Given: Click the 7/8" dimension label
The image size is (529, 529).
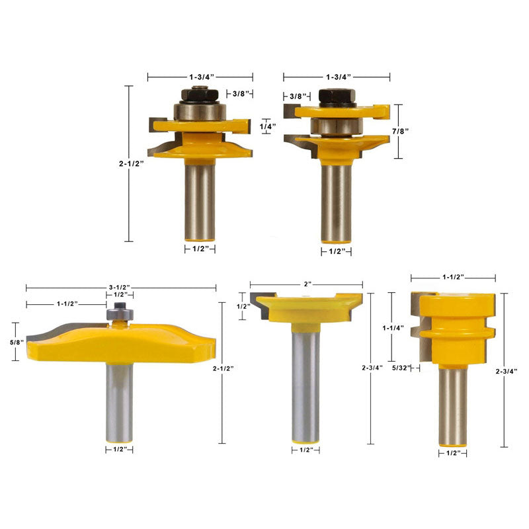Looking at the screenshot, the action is (x=400, y=131).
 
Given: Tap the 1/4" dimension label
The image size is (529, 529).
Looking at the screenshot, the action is (x=268, y=126).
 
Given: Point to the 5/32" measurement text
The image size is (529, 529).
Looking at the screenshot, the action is (x=401, y=368).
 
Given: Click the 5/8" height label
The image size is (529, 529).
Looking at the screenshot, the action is (x=17, y=342).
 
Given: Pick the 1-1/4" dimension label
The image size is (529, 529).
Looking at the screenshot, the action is (x=393, y=328).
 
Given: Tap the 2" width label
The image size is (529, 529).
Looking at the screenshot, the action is (x=307, y=284).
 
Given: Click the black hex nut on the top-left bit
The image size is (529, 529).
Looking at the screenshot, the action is (x=200, y=95).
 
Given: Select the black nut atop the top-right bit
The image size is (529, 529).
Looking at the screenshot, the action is (x=336, y=97).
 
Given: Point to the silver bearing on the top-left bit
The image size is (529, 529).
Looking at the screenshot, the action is (x=200, y=112).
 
